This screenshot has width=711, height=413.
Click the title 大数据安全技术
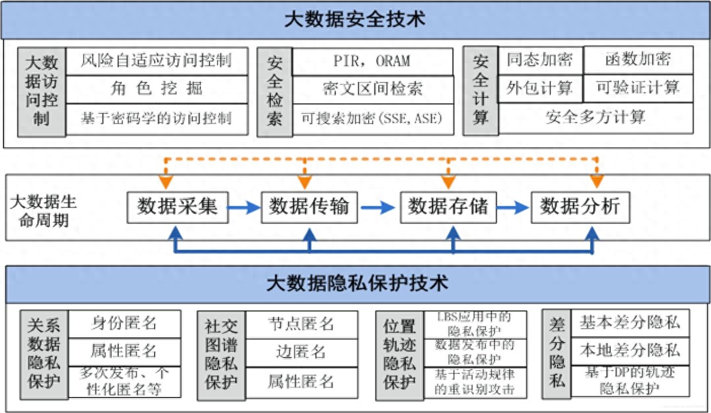355,19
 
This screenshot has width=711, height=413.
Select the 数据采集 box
177,206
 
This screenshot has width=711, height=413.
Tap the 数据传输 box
309,206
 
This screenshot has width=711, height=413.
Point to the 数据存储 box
448,206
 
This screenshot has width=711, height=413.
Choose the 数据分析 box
580,206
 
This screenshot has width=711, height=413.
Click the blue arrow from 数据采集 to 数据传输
244,207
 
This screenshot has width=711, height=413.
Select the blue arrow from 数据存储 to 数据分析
513,207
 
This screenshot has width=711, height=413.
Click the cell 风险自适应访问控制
156,61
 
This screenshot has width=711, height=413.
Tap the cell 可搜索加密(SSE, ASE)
372,119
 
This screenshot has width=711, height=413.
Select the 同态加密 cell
540,60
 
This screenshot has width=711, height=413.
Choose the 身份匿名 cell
124,323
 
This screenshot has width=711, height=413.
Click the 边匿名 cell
301,351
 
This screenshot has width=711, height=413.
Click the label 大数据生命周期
43,211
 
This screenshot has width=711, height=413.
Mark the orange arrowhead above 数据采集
166,183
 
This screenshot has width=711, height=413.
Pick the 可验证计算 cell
638,88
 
